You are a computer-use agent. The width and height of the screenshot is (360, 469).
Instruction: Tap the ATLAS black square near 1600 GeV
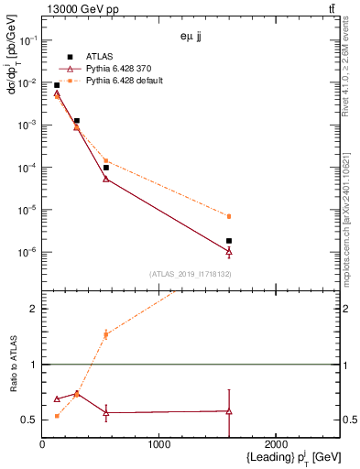(229, 241)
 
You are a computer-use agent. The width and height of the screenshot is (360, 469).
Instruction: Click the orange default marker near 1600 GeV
(229, 216)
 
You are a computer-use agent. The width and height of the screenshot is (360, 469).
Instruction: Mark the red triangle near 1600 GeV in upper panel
(229, 251)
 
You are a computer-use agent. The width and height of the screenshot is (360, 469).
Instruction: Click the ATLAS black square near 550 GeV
(106, 168)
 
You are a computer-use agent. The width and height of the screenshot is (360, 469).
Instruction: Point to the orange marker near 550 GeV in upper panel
(106, 160)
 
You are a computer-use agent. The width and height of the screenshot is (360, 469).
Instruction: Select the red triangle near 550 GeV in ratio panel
(106, 413)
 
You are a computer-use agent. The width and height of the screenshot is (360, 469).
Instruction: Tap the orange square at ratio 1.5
(106, 334)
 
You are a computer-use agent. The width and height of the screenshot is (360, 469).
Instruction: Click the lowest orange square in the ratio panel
(57, 416)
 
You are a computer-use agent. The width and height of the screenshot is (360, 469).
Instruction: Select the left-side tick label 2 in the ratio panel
(33, 309)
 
